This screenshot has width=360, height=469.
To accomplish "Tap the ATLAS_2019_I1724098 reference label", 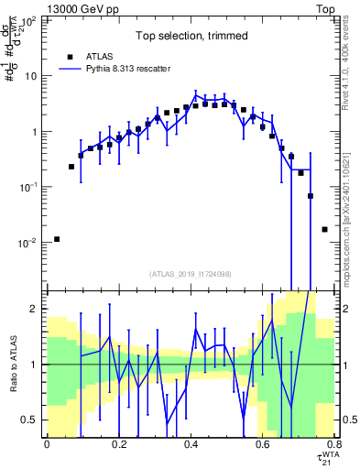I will [x=190, y=273].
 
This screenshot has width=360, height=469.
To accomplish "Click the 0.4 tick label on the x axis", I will [x=191, y=445].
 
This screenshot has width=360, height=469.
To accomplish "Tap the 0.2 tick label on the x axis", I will [x=118, y=445].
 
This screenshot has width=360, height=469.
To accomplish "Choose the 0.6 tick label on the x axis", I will [x=262, y=445].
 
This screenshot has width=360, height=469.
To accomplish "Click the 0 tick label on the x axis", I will [x=47, y=445].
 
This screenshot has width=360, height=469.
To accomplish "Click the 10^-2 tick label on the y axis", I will [x=30, y=243].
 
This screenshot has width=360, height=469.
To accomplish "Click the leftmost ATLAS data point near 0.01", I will [x=57, y=239].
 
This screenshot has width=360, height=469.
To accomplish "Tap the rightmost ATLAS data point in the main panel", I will [x=324, y=229].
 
